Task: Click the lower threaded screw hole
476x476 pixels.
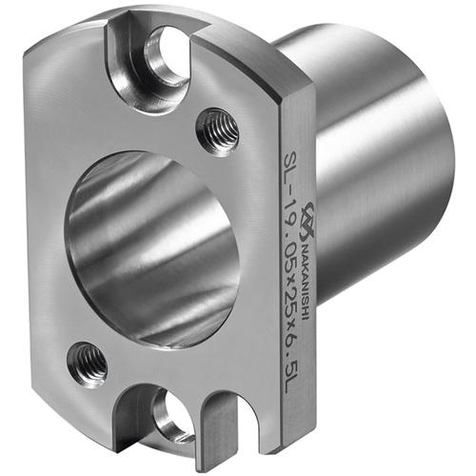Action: pyautogui.click(x=88, y=365)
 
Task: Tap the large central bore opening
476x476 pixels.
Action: pyautogui.click(x=151, y=249)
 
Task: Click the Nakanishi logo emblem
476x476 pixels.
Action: pyautogui.click(x=306, y=221)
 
